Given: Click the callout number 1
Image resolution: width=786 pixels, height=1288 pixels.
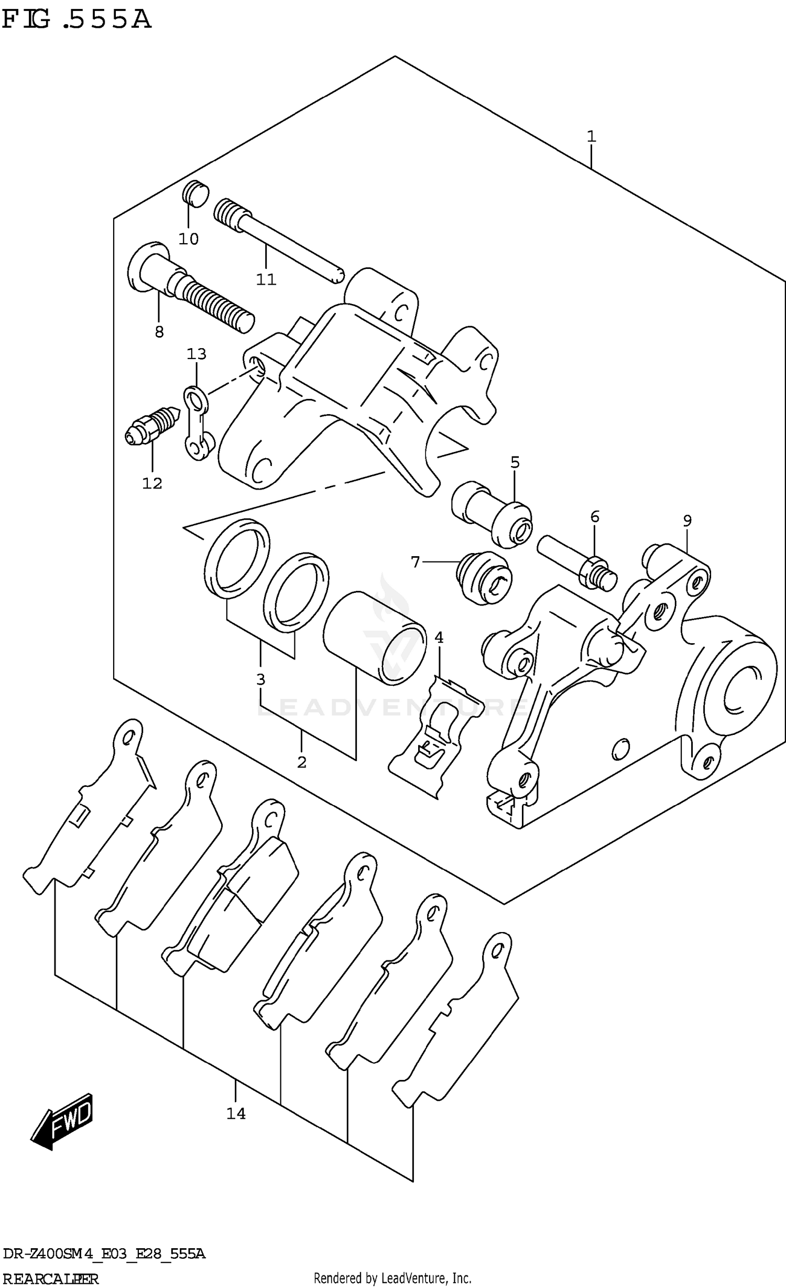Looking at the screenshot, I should point(591,137).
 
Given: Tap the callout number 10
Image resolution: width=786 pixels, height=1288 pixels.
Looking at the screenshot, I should point(189,239).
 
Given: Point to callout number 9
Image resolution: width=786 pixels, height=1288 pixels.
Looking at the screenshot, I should point(687,521).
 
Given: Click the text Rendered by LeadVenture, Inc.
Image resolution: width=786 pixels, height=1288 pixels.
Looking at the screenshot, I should point(392,1278).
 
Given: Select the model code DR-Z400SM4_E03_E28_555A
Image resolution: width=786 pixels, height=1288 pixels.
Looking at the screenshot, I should point(104,1254).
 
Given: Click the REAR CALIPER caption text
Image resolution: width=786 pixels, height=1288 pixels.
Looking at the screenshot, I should point(50,1279).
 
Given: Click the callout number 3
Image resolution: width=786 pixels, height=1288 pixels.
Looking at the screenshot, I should point(260,680).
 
